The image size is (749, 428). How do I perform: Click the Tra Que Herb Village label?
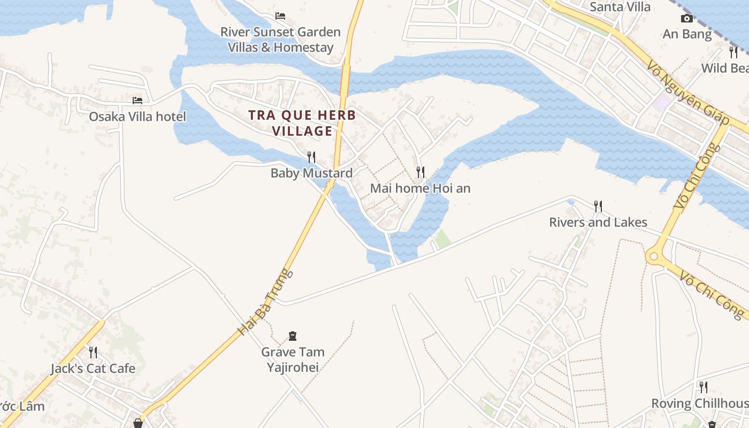[x=302, y=123]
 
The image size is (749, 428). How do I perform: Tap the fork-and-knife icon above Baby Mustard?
[x=311, y=157]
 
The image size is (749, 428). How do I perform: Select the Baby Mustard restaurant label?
[x=311, y=173]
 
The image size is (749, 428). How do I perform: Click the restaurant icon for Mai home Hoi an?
[x=421, y=172]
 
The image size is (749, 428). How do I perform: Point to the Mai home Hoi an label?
[x=420, y=188]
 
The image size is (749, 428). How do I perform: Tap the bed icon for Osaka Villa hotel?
[x=137, y=100]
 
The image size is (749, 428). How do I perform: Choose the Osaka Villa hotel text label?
[x=137, y=117]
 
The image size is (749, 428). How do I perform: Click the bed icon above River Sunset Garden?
[x=280, y=16]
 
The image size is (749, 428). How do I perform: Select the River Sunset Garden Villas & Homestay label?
[x=280, y=40]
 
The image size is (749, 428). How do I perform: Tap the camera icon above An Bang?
[x=687, y=19]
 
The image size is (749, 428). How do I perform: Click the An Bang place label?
[x=687, y=34]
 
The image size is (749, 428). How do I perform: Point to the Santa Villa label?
[x=620, y=7]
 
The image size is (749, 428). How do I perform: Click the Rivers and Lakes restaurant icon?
[x=598, y=206]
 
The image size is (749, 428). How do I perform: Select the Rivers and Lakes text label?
[x=598, y=223]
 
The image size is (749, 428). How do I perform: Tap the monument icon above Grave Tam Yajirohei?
[x=293, y=336]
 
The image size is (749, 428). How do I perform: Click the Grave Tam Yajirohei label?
[x=293, y=360]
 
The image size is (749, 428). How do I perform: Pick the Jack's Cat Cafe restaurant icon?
[x=93, y=352]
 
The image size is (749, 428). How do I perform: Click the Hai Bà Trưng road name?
[x=266, y=302]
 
